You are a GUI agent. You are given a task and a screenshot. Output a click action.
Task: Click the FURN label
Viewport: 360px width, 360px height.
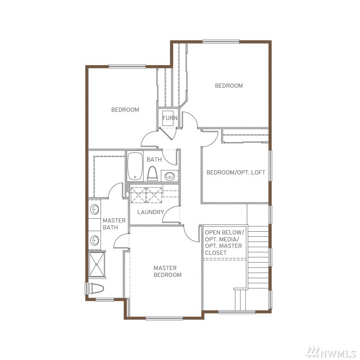click(170, 118)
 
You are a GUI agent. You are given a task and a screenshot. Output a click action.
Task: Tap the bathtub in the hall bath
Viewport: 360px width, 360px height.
click(135, 166)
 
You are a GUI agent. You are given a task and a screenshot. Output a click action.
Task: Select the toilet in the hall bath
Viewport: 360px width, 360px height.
click(152, 174)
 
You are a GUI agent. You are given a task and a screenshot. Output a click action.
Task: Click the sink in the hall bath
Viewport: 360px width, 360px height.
click(170, 176)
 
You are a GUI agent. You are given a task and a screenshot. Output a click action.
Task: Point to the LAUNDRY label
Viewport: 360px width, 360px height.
click(150, 212)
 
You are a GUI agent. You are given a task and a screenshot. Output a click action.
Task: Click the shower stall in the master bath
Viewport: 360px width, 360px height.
click(96, 264)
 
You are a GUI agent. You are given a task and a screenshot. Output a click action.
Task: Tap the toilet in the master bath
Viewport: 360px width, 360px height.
click(96, 288)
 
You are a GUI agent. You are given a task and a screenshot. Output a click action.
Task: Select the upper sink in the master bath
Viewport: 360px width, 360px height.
click(94, 210)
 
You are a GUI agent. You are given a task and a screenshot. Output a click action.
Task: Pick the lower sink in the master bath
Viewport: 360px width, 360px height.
click(94, 240)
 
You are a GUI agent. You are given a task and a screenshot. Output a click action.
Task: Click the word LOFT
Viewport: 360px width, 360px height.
click(258, 173)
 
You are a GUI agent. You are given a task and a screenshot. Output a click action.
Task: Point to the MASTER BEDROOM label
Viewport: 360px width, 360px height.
click(168, 271)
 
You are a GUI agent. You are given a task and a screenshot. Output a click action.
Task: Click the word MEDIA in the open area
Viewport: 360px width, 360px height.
click(229, 239)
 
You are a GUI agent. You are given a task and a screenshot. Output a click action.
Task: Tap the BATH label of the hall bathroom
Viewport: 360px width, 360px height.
click(154, 160)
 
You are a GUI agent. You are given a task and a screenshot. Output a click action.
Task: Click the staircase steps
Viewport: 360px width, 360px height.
click(258, 257)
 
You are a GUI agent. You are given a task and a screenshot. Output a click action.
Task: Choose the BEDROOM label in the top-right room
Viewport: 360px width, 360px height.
click(229, 86)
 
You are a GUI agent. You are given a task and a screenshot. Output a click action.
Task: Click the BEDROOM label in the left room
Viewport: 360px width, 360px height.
click(125, 110)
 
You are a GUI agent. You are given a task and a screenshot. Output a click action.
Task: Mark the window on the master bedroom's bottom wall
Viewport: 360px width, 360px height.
click(164, 318)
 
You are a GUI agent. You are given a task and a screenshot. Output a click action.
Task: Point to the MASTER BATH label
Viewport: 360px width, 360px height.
click(114, 224)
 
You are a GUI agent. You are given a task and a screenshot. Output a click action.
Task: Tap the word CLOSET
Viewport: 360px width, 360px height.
click(216, 253)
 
